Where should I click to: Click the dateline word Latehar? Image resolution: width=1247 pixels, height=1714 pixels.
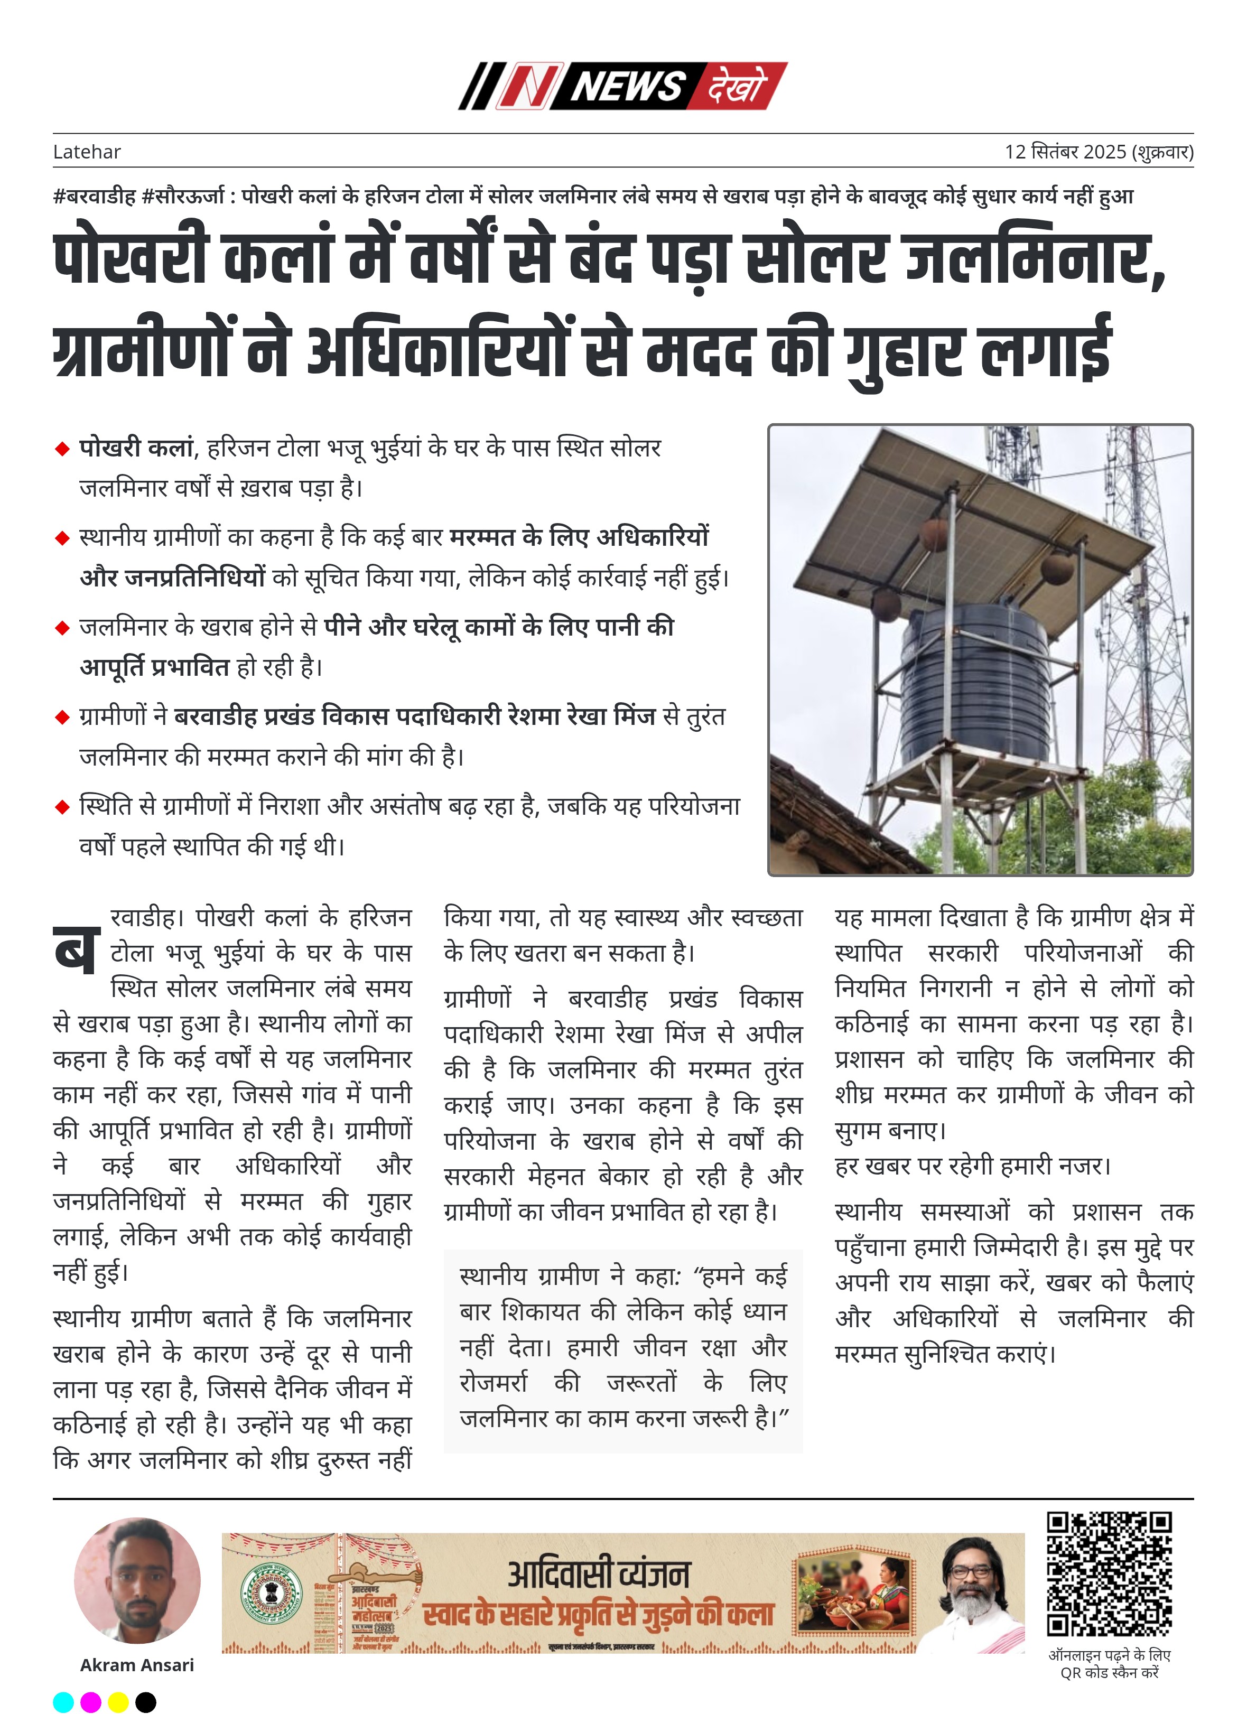pos(87,152)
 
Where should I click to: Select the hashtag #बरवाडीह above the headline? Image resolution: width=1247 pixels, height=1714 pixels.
pos(95,197)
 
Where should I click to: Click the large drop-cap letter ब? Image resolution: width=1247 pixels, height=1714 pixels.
pos(76,949)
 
